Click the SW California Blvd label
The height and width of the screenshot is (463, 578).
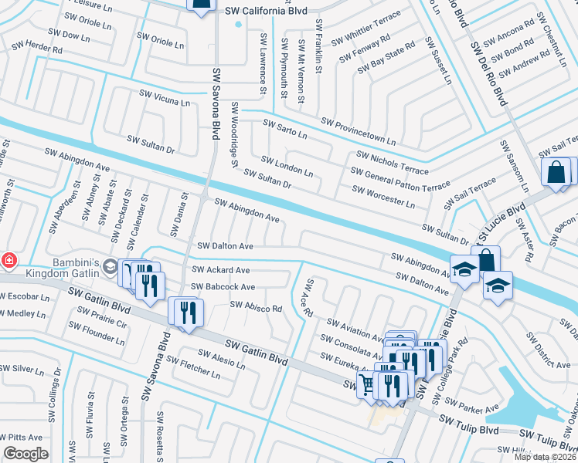point(265,12)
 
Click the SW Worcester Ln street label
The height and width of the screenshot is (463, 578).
point(383,196)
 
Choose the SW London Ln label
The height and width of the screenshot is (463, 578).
point(287,166)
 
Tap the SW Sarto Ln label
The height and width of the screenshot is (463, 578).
point(285,129)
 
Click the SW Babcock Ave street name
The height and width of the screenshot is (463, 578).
point(223,287)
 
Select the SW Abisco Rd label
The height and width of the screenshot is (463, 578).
point(256,306)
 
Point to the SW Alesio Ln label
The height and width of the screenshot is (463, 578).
point(221,359)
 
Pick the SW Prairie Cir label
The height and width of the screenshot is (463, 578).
point(97,318)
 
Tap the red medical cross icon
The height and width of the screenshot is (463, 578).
point(8,261)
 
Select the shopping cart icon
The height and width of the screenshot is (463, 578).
point(368,384)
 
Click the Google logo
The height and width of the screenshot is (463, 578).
point(26,453)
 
